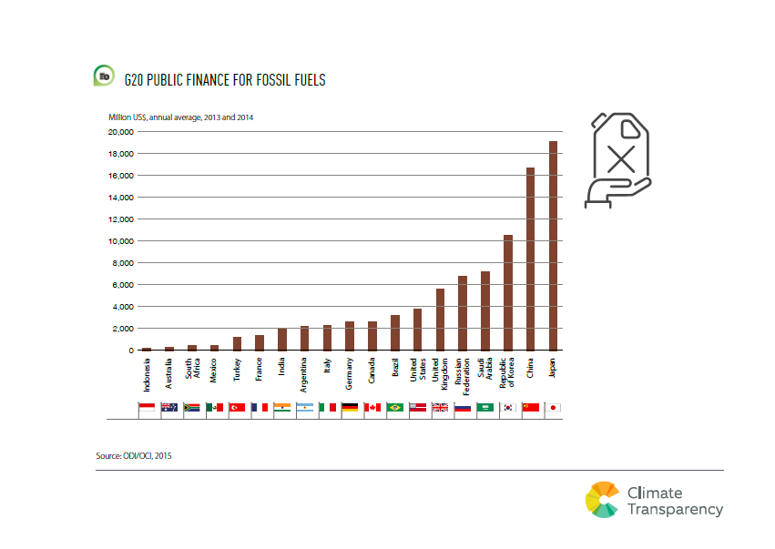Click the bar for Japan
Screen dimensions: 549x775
553,246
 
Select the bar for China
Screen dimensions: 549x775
530,259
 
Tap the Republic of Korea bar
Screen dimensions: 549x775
507,292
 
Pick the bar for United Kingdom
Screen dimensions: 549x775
440,319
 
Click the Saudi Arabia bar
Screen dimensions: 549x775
484,310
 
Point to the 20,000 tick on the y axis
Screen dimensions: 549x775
121,132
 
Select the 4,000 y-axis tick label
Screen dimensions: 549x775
124,307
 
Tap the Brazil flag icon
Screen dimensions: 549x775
395,407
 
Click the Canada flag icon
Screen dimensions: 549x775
372,407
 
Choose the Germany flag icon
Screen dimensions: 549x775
350,407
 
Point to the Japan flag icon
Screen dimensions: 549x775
553,407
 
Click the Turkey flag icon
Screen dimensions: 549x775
237,407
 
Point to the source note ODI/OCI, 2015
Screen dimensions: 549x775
133,454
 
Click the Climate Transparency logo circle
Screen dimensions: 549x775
602,499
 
